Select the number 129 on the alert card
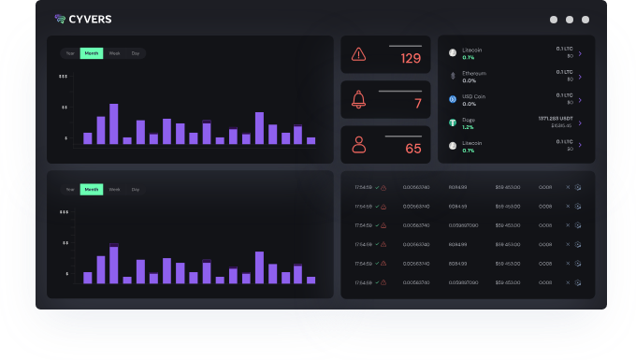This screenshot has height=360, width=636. click(x=411, y=59)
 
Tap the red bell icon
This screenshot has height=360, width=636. click(x=358, y=100)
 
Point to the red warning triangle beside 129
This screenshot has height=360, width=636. click(x=358, y=54)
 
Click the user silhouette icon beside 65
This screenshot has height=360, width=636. click(x=358, y=144)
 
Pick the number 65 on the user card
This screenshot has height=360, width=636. click(x=412, y=149)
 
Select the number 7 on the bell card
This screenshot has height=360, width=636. click(x=417, y=104)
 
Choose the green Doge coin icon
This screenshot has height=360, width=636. click(x=452, y=122)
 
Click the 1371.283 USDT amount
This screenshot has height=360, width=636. click(x=555, y=119)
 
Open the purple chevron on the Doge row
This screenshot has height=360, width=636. click(x=580, y=122)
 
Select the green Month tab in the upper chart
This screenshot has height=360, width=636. click(x=92, y=53)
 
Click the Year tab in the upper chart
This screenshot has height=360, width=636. click(x=69, y=53)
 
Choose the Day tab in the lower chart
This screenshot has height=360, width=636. click(x=136, y=190)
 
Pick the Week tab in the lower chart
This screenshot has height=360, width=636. click(x=114, y=190)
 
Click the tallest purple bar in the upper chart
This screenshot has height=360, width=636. click(x=114, y=123)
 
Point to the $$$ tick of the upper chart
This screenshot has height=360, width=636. click(x=63, y=77)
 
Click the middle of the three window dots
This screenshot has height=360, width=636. click(x=570, y=20)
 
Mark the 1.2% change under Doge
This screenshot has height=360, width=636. click(x=468, y=126)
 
